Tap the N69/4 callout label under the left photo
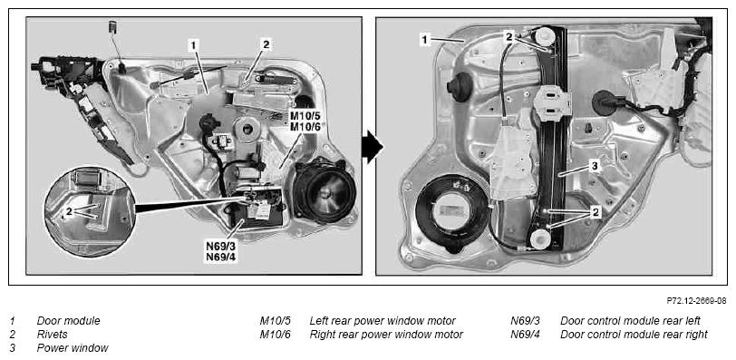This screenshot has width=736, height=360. click(x=221, y=257)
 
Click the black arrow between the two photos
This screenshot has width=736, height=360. click(x=373, y=146)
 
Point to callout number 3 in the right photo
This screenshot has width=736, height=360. click(x=594, y=166)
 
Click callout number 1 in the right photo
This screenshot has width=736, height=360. click(x=424, y=40)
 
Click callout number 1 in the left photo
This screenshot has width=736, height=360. click(x=193, y=44)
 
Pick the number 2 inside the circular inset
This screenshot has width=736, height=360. click(x=69, y=211)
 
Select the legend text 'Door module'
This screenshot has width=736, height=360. click(x=69, y=321)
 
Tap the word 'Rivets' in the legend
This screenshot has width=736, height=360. click(x=52, y=335)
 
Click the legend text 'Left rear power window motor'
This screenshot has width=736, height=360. click(x=383, y=321)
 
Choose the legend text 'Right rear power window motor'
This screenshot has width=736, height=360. click(x=386, y=335)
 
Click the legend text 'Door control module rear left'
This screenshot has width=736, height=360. click(x=630, y=321)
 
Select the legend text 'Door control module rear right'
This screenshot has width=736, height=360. click(x=634, y=335)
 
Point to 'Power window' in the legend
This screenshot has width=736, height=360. click(x=73, y=348)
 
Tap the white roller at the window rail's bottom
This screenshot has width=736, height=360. click(x=540, y=238)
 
